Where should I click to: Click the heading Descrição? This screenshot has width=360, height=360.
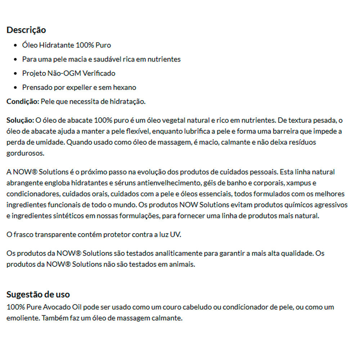coord(26,30)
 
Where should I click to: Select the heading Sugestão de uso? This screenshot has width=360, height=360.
coord(38,294)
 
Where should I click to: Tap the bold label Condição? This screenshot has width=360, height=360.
coord(23,102)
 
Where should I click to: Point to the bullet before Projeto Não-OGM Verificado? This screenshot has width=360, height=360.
coord(15,74)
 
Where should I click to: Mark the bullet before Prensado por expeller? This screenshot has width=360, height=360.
coord(15,88)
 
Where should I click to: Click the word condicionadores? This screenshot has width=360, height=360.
coord(30,194)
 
